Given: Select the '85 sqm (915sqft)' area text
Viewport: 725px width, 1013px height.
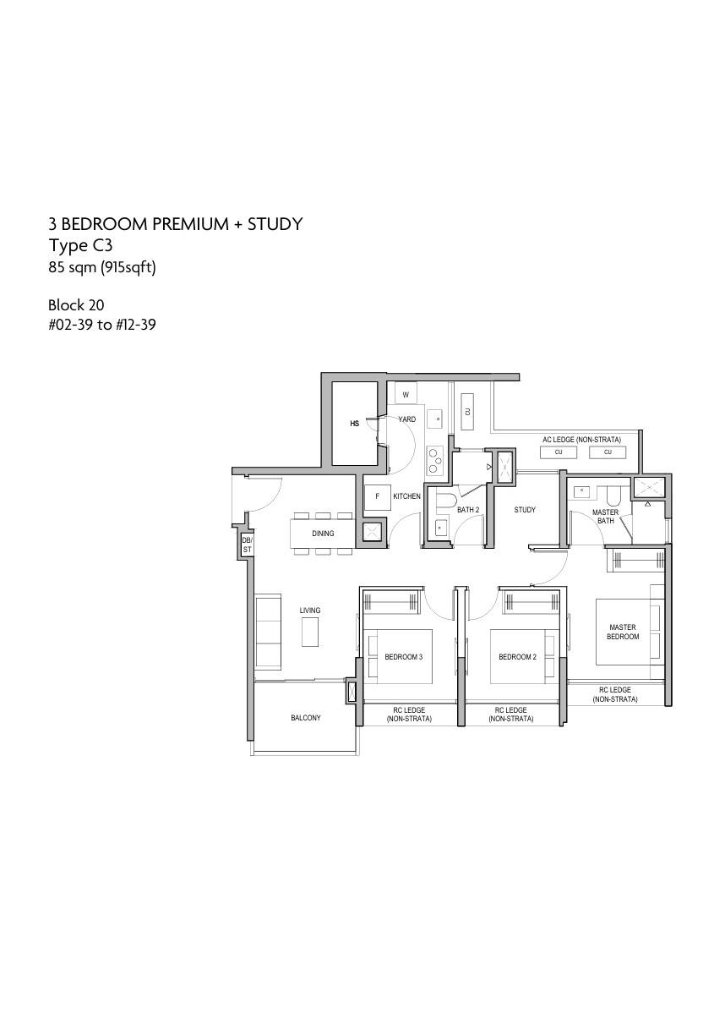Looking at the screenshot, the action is [102, 267].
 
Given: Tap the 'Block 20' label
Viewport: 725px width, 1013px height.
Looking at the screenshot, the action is [76, 305].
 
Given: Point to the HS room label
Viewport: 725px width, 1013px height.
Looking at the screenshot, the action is [354, 424].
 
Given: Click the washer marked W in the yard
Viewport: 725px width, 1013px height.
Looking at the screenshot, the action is [406, 395].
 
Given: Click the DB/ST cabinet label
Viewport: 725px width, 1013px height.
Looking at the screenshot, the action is [248, 545].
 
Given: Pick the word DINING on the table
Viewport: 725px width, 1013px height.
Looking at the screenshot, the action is [323, 534].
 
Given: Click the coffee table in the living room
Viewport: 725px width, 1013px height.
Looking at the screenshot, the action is [310, 632].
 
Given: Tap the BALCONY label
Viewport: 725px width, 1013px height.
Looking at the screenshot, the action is [305, 718].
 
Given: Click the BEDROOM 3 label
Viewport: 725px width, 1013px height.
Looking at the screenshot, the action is [404, 657].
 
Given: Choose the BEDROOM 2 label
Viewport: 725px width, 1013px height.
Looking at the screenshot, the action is [518, 657].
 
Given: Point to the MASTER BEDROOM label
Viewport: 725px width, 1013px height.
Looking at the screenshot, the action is [623, 632].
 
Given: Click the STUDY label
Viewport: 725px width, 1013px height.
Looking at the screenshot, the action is [525, 510].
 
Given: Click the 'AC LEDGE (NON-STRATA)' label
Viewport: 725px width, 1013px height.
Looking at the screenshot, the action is [581, 440].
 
